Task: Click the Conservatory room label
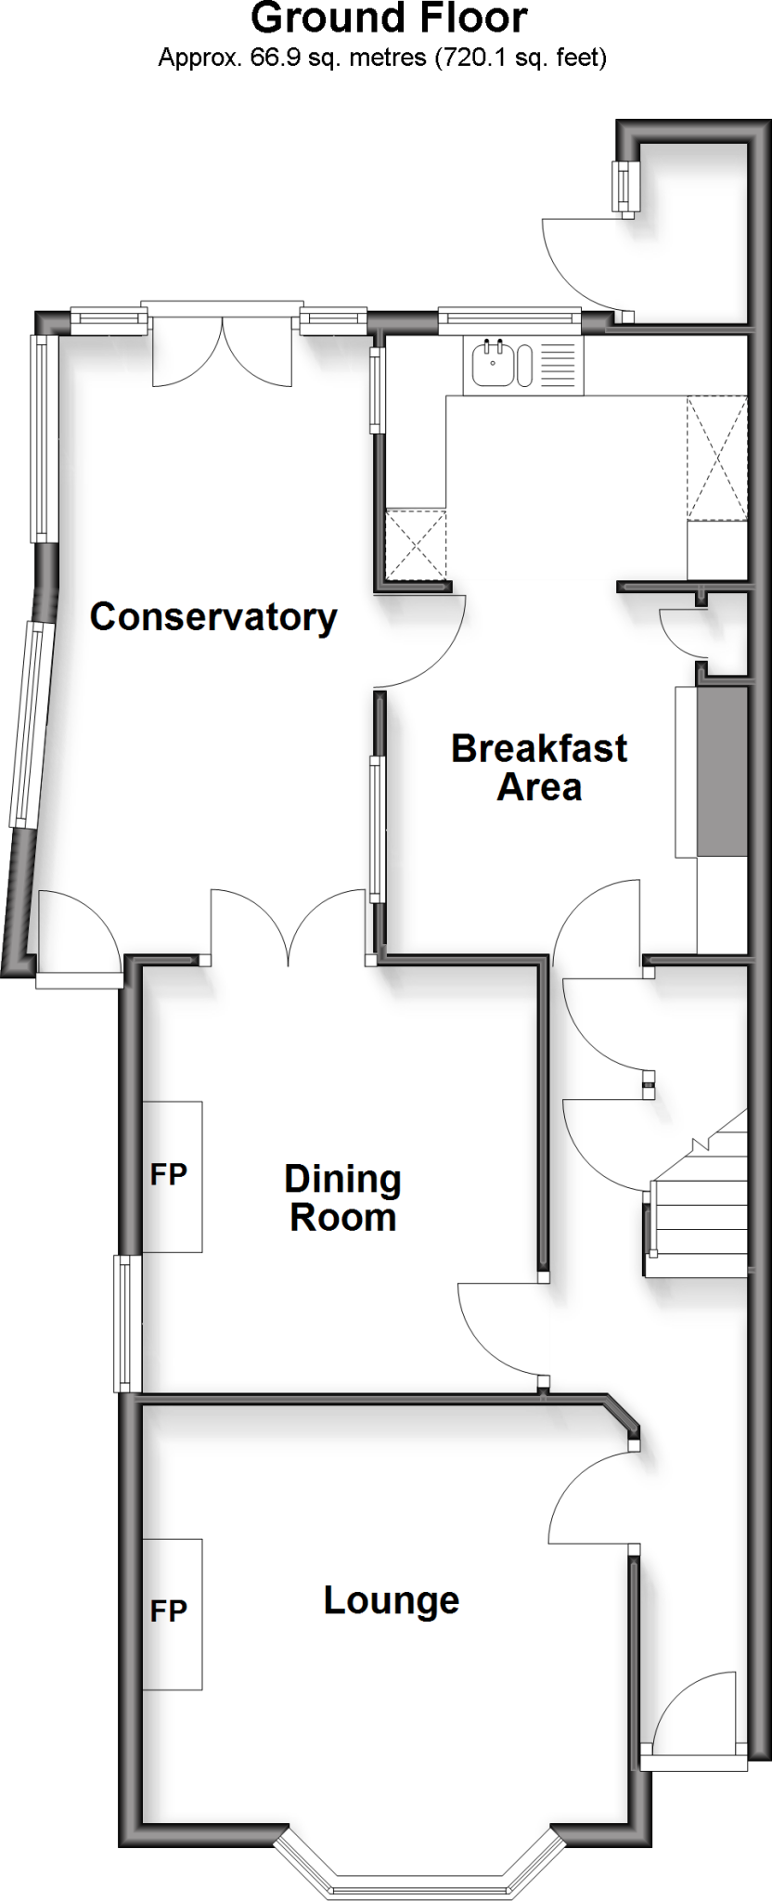213,617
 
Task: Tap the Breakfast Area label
539,768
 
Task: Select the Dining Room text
342,1197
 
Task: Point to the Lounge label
391,1600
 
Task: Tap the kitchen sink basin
492,364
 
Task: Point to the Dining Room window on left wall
127,1323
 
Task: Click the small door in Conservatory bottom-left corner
78,928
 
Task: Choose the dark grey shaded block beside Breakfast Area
722,770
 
